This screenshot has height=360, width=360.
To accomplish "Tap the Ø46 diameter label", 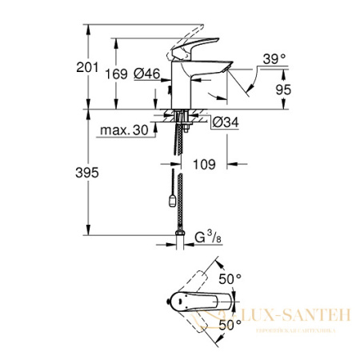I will (146, 74).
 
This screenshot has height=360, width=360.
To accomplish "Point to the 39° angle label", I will (274, 58).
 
